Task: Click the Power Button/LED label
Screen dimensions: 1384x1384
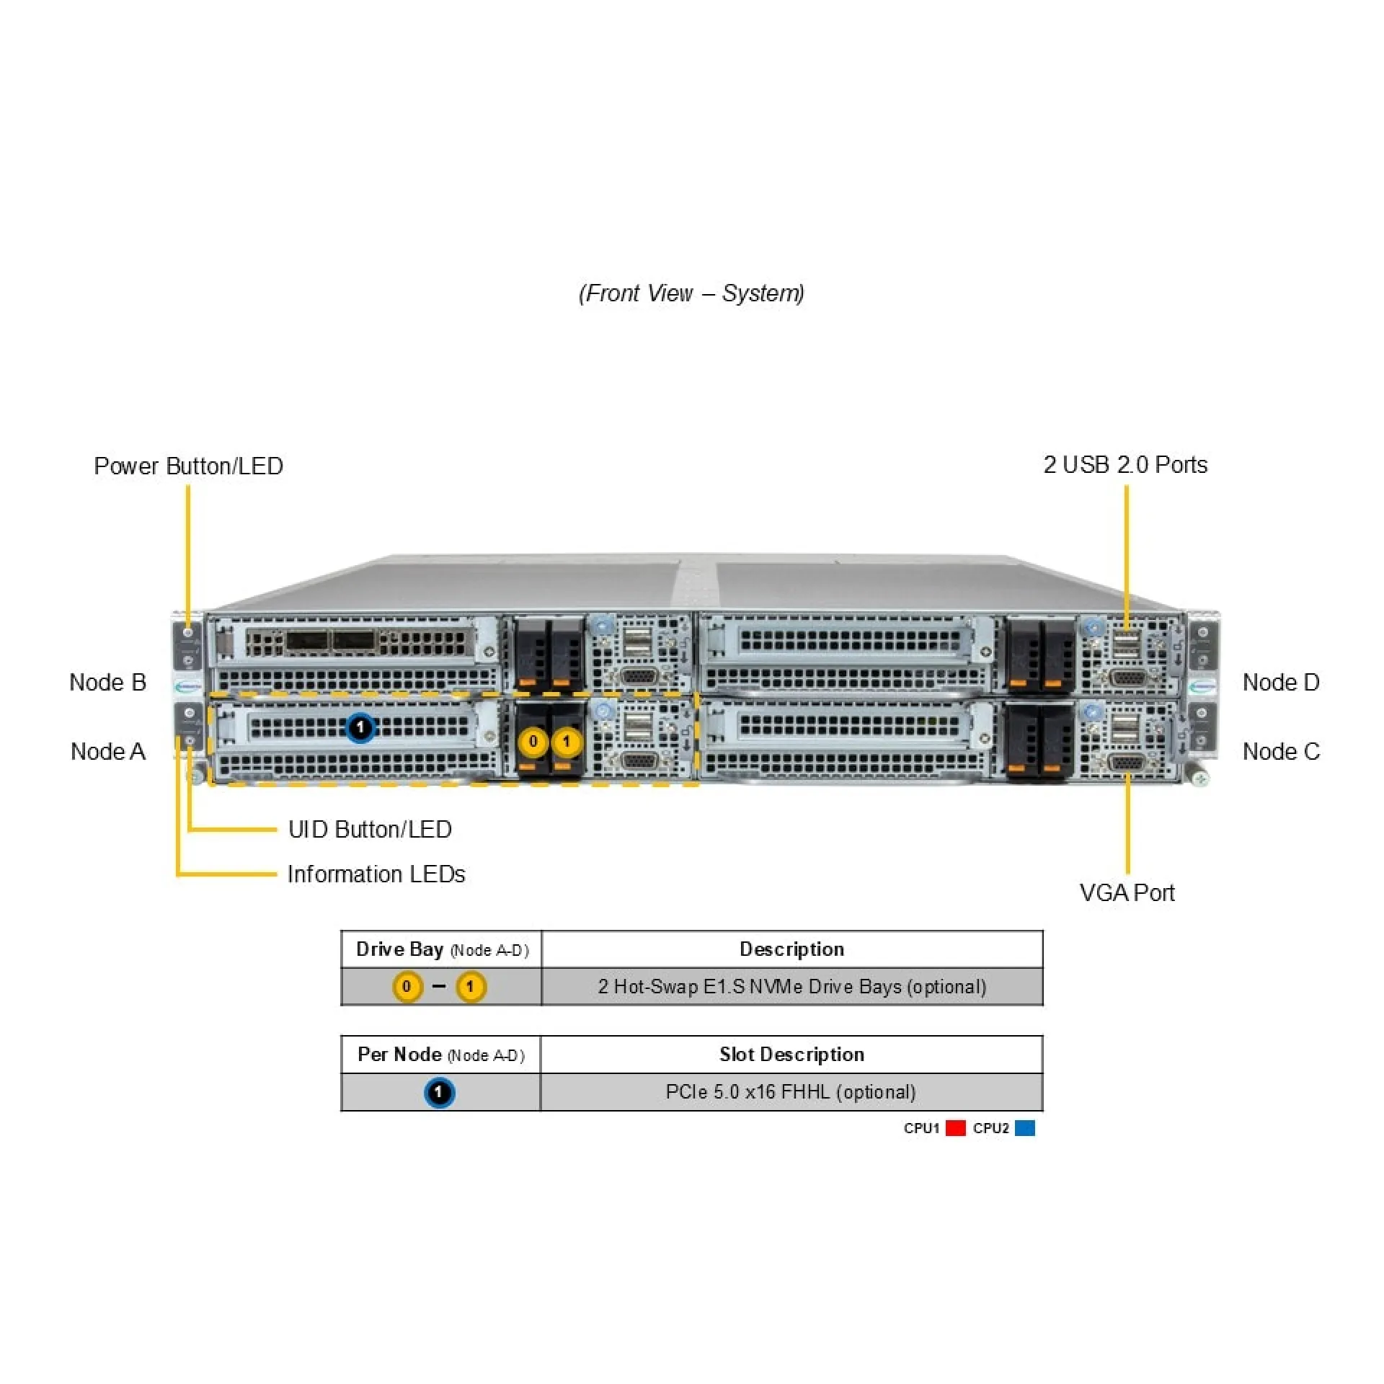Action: (188, 466)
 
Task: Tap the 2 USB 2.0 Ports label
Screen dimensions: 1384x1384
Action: (1125, 465)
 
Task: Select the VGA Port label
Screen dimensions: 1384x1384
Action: (1127, 893)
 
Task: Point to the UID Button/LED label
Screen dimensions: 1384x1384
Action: (370, 830)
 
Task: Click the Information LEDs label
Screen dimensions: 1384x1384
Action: (376, 874)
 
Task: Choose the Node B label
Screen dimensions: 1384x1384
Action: (108, 683)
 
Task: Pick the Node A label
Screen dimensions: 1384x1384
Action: (108, 752)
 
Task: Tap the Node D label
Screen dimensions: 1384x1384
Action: (1281, 683)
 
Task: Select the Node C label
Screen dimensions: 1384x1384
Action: (1281, 752)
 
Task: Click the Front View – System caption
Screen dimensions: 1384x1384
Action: (691, 293)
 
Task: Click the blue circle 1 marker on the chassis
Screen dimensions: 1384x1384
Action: (360, 728)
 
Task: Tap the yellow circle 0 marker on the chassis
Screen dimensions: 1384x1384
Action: (533, 742)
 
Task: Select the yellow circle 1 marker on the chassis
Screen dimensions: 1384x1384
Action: (567, 742)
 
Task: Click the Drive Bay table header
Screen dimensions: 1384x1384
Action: (442, 949)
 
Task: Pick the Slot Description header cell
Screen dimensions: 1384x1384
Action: (791, 1055)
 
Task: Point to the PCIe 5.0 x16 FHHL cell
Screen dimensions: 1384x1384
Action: (791, 1092)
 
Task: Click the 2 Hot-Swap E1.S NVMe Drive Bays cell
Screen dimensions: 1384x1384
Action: (791, 987)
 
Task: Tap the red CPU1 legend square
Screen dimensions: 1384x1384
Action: (956, 1128)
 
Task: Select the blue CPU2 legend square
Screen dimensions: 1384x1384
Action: (1024, 1128)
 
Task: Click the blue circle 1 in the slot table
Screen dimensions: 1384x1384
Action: (439, 1093)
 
